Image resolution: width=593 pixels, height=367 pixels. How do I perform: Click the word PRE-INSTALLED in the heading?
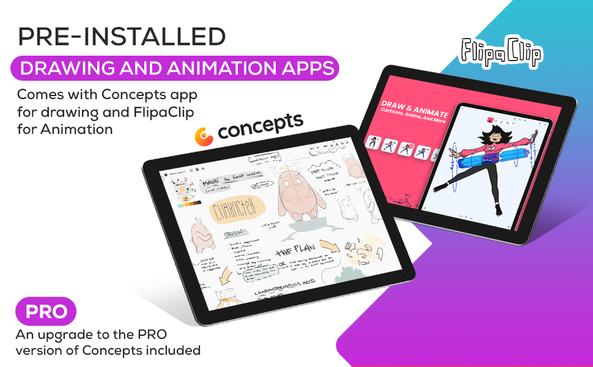tap(121, 37)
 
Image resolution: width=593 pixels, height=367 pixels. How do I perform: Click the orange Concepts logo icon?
tap(204, 136)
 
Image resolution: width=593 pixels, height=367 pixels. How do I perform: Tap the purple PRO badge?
tap(46, 312)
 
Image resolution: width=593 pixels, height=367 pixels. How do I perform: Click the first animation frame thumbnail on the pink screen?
tap(372, 143)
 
